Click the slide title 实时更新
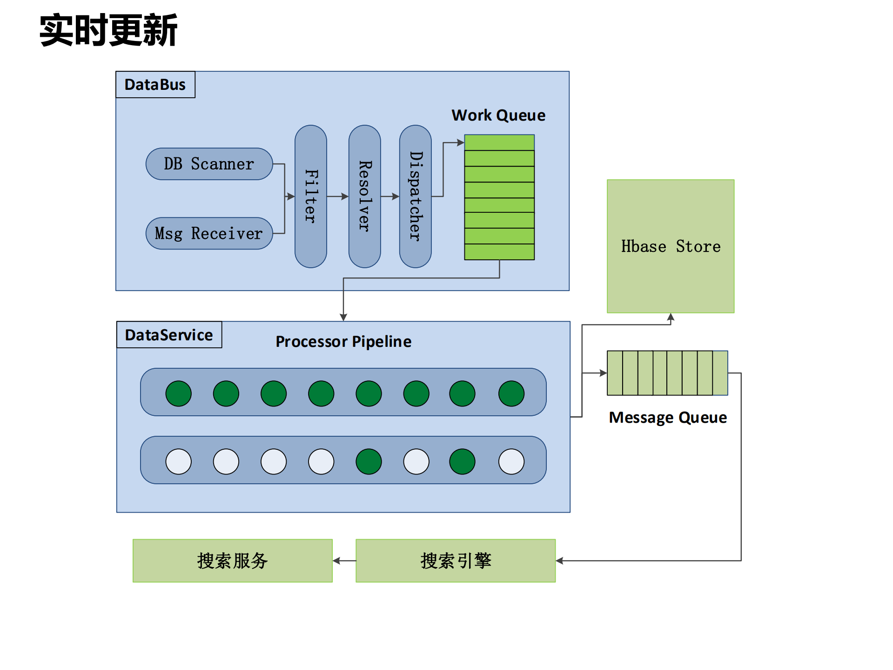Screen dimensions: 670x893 point(108,30)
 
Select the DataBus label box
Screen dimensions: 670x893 point(155,85)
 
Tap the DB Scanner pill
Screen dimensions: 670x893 point(209,164)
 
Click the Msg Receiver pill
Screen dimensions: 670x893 point(209,233)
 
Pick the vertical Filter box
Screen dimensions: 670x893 point(310,196)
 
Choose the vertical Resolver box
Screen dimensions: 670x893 point(364,196)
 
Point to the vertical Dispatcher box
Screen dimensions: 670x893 point(415,196)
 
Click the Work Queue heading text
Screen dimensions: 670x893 point(498,115)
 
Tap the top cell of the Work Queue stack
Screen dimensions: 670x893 point(499,142)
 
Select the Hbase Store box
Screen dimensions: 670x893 point(670,246)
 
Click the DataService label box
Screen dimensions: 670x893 point(169,335)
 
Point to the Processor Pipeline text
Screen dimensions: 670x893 point(343,341)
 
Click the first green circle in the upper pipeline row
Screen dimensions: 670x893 point(178,393)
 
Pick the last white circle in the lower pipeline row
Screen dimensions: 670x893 point(511,461)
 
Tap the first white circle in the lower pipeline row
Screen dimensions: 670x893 point(178,461)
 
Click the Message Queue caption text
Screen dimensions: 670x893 point(667,417)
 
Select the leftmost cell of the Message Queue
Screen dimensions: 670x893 point(615,373)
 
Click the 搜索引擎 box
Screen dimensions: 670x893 point(455,561)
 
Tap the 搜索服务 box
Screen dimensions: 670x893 point(232,561)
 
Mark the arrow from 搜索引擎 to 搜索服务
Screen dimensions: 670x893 point(344,561)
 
